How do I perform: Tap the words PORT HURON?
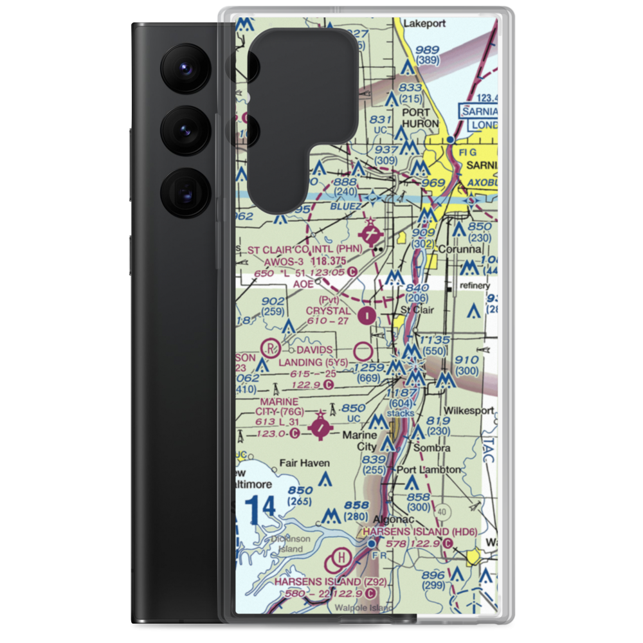tap(420, 117)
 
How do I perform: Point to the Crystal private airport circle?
tap(367, 315)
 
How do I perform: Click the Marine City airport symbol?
tap(320, 426)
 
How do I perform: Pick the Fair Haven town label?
tap(304, 462)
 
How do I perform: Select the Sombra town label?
tap(432, 447)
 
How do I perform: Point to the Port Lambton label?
tap(429, 469)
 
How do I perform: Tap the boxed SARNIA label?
tap(479, 111)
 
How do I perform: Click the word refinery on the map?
tap(473, 285)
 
